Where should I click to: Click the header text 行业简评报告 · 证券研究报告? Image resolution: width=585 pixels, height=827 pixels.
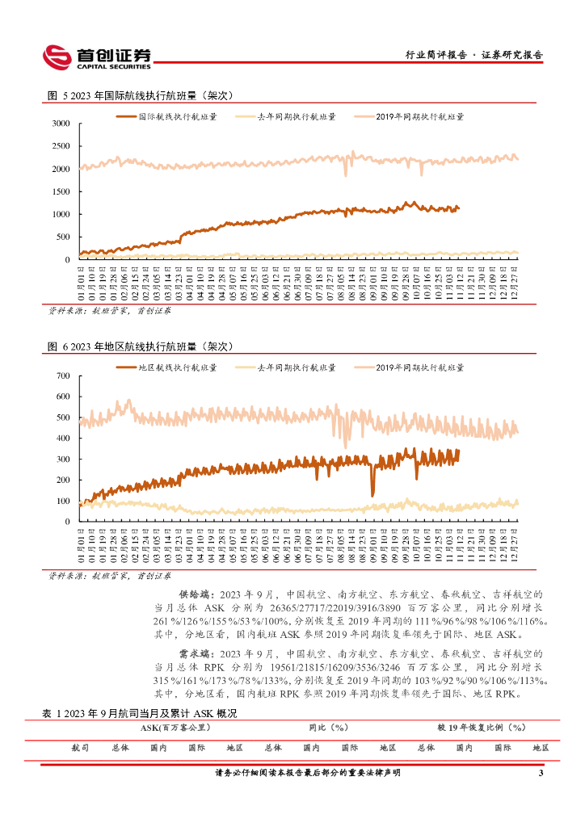(x=473, y=56)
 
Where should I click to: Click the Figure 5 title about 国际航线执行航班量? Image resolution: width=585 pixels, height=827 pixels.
(x=140, y=95)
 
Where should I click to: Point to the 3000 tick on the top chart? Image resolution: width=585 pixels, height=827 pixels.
(x=61, y=124)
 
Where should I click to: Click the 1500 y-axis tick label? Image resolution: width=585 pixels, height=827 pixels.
(x=61, y=191)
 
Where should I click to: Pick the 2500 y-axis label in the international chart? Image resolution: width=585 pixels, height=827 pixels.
(x=61, y=146)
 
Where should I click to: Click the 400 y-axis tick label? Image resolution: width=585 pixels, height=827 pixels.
(x=64, y=439)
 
